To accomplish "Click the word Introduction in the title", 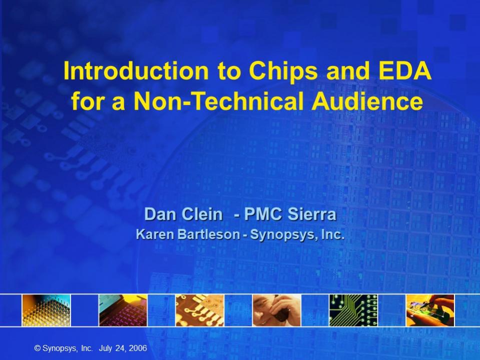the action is (x=136, y=71).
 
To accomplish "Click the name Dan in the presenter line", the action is (x=160, y=214).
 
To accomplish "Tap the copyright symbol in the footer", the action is (x=38, y=348).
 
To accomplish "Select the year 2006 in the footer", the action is (x=138, y=348).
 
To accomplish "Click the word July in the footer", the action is (x=105, y=348).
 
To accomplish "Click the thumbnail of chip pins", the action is (x=46, y=310).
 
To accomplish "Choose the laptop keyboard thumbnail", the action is (x=123, y=310).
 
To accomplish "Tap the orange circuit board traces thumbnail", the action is (x=200, y=310).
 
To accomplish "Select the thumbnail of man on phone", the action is (x=277, y=310).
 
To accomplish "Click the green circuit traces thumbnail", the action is (x=353, y=310).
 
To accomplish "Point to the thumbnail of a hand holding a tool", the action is (x=430, y=310).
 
